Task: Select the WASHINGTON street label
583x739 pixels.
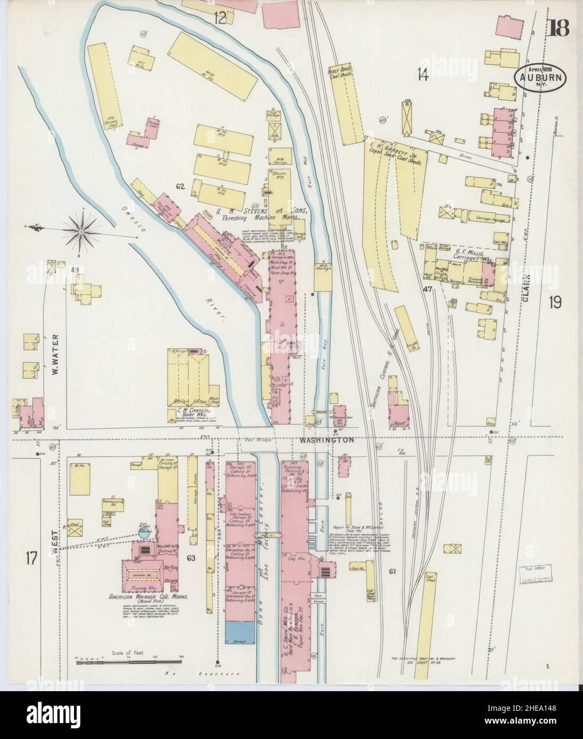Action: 318,441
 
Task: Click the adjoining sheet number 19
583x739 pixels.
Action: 556,303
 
